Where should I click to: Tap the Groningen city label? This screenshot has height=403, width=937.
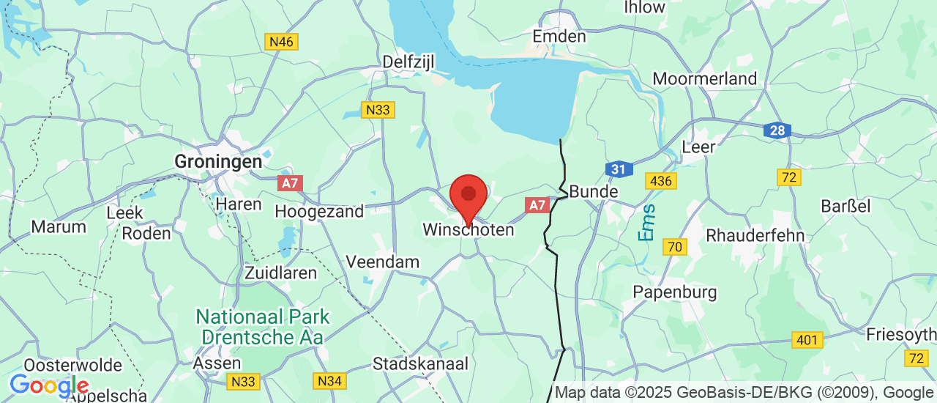point(218,161)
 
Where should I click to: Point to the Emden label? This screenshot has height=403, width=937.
point(559,37)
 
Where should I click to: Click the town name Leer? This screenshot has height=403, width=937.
point(698,147)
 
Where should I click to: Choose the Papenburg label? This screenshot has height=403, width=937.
point(675,292)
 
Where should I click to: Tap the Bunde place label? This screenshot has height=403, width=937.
point(593,192)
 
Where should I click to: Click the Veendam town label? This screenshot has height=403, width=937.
point(383,262)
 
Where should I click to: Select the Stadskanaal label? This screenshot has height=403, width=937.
point(419,363)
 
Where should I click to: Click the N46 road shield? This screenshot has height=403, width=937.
point(281,42)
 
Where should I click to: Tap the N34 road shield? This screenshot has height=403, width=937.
point(329,381)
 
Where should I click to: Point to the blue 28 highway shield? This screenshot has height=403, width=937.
point(777,131)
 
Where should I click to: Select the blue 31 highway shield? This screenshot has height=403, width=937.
point(619,169)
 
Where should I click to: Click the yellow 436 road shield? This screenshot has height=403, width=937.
point(661,180)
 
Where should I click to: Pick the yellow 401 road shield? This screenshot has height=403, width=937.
point(807,339)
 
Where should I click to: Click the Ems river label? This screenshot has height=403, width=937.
point(647,223)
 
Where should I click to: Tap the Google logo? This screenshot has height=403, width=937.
point(48,385)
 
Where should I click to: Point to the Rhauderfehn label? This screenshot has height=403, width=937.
point(755,236)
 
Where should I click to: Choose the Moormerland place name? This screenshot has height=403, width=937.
point(704,78)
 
